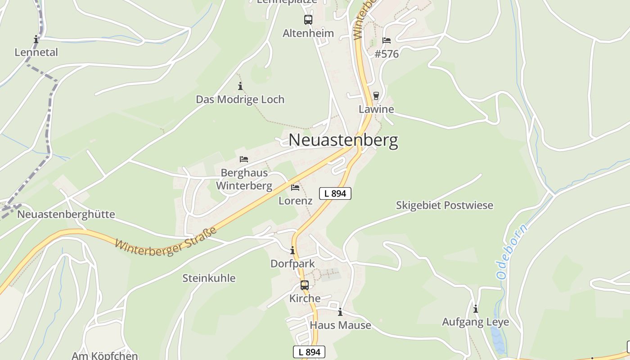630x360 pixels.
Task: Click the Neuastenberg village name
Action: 343,140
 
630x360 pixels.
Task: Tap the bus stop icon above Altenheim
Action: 308,20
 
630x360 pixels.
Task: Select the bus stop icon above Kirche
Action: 305,285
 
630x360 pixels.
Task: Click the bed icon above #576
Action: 387,40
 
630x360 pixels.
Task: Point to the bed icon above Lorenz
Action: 295,187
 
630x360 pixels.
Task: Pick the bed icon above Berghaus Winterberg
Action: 244,159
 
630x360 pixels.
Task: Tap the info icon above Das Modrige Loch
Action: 240,86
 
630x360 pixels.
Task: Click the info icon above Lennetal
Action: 36,39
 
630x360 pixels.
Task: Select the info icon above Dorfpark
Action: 292,250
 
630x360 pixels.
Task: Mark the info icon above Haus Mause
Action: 340,312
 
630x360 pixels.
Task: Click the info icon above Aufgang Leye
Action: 476,309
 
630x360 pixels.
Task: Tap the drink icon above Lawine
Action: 376,96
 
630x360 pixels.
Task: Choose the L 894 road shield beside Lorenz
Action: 335,193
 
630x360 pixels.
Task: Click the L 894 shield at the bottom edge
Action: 309,352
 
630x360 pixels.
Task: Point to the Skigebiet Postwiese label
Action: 445,205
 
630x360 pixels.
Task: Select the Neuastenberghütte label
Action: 66,214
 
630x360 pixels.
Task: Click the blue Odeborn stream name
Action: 513,251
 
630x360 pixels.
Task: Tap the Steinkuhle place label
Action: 209,278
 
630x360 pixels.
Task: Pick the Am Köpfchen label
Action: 105,355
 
